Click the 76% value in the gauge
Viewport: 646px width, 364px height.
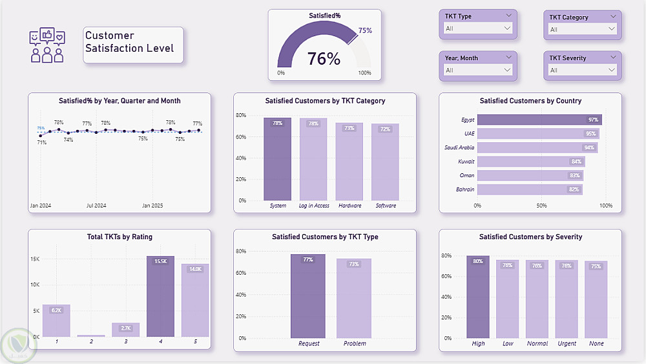click(x=324, y=59)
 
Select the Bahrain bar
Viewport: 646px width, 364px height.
click(x=530, y=189)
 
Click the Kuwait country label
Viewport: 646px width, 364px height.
click(x=466, y=162)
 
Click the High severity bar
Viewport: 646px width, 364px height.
click(x=478, y=297)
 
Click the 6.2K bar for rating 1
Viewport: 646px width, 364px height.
click(x=56, y=321)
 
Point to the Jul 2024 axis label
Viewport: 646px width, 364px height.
click(x=96, y=206)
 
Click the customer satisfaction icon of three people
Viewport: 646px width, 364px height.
click(x=47, y=45)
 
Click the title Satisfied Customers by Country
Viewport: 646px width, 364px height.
click(x=530, y=101)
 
